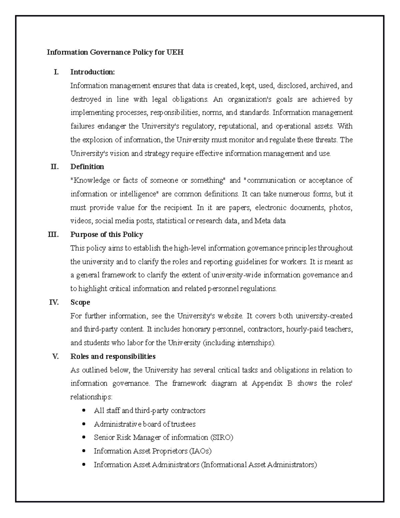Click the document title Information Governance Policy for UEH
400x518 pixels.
tap(115, 52)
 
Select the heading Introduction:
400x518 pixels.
tap(92, 72)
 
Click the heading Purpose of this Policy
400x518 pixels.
tap(107, 234)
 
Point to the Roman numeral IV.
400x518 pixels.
tap(54, 302)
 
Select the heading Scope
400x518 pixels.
tap(80, 302)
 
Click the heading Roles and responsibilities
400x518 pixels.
tap(113, 356)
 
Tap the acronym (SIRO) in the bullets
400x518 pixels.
tap(222, 437)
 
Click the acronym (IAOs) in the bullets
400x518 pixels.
tap(200, 451)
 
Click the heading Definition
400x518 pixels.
tap(87, 166)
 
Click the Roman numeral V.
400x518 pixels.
tap(55, 356)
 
